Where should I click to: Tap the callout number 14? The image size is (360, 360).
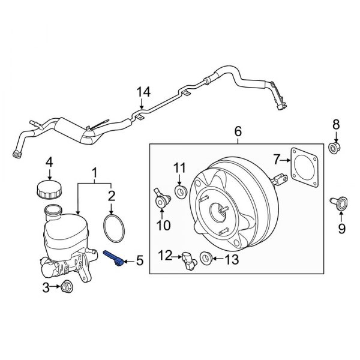click(x=142, y=92)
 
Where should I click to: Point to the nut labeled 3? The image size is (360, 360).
click(x=66, y=289)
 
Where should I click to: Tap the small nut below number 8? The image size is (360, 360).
click(x=336, y=147)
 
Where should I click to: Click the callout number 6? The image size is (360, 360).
click(x=238, y=130)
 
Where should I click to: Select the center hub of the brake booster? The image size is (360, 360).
click(x=220, y=211)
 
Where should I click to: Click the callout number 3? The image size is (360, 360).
click(x=46, y=289)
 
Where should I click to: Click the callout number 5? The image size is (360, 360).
click(x=139, y=260)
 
